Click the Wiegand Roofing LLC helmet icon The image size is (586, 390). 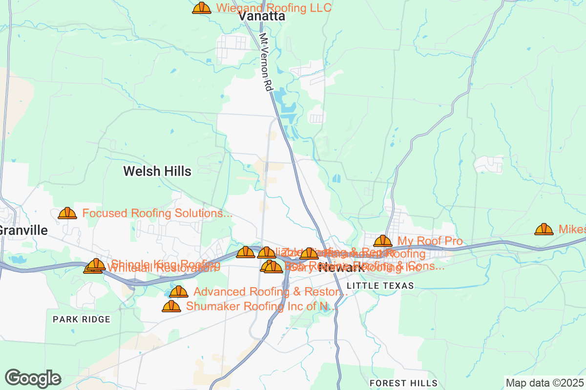coord(201,8)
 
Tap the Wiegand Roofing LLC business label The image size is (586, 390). coord(274,8)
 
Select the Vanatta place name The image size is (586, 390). coord(262,17)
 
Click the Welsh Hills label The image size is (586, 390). coord(157,171)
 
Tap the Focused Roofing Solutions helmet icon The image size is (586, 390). coord(67,214)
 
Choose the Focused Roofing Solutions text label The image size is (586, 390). coord(157,214)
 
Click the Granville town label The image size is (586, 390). coord(23,231)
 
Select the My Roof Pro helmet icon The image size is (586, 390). coord(383,241)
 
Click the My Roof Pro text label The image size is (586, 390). coord(430,241)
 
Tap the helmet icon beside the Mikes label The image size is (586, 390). coord(544,229)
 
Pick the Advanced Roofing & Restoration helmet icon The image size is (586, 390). coord(179,292)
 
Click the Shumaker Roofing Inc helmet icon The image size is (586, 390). coord(171,307)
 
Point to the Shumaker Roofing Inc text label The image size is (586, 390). coord(262,307)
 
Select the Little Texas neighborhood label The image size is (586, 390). coord(380,286)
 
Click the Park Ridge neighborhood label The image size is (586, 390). coord(82,319)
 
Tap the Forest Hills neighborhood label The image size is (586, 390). coord(403,383)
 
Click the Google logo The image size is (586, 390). coord(33,378)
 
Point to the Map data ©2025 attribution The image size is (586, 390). coord(544,383)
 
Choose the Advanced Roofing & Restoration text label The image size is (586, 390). coord(271,292)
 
